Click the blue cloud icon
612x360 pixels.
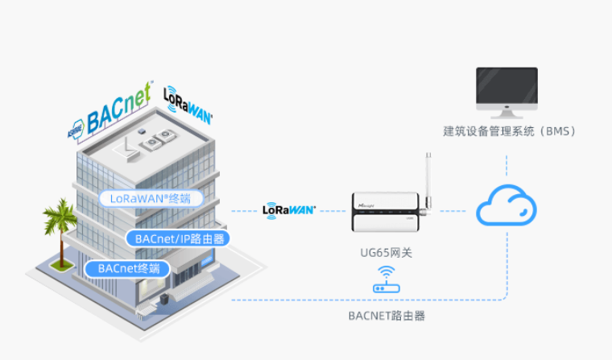[507, 206]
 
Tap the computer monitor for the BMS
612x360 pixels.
[507, 89]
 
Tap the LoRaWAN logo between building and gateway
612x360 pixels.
[289, 210]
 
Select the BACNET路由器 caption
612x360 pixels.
[387, 316]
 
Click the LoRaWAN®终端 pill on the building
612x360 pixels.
[150, 197]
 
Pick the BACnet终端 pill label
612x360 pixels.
[128, 268]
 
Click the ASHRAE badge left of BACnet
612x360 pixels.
[76, 127]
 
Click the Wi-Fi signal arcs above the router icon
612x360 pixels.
[387, 272]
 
